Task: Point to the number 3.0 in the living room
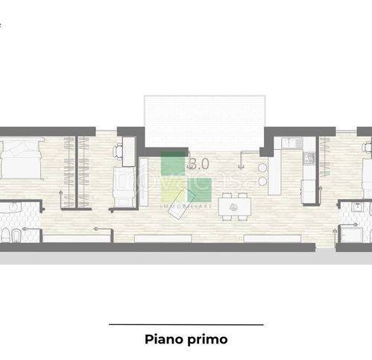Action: point(200,162)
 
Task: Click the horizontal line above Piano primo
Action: point(186,325)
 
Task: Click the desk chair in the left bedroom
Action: point(119,151)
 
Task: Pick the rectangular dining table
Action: point(235,204)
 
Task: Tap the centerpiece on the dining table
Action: point(235,204)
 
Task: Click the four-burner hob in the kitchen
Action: point(309,158)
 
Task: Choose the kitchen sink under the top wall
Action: point(290,142)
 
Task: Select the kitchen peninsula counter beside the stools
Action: point(274,172)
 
